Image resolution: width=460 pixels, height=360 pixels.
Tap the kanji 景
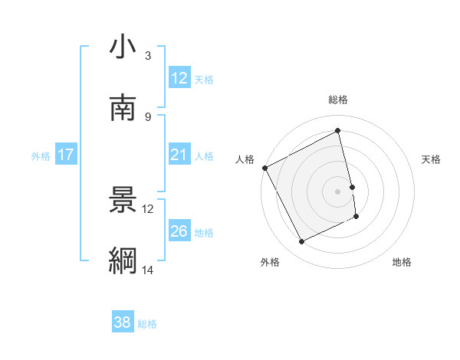pyautogui.click(x=123, y=200)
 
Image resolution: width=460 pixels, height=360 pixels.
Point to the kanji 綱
pyautogui.click(x=123, y=260)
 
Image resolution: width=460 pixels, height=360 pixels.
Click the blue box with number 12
pyautogui.click(x=179, y=78)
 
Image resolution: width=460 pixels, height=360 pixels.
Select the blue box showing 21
pyautogui.click(x=179, y=155)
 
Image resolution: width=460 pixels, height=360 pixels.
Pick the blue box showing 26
pyautogui.click(x=179, y=231)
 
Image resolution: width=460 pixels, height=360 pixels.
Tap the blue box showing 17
pyautogui.click(x=65, y=155)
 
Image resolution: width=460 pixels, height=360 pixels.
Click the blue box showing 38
pyautogui.click(x=122, y=322)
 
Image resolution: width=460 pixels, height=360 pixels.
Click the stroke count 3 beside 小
pyautogui.click(x=147, y=56)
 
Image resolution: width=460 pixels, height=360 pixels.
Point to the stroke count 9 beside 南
pyautogui.click(x=147, y=116)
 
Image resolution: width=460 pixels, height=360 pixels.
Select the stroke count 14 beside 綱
pyautogui.click(x=147, y=270)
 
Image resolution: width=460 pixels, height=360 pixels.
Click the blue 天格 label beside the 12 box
pyautogui.click(x=204, y=80)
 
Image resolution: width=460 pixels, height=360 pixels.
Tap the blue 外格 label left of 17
pyautogui.click(x=41, y=156)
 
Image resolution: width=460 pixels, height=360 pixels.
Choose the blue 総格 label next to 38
pyautogui.click(x=147, y=324)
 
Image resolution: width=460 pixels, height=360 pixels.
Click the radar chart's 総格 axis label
pyautogui.click(x=338, y=100)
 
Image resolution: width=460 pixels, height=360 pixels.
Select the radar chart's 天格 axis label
pyautogui.click(x=431, y=159)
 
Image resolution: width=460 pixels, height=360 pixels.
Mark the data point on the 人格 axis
pyautogui.click(x=264, y=168)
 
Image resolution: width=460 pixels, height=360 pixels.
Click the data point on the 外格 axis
pyautogui.click(x=301, y=242)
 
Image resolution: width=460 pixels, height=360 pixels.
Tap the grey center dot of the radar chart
pyautogui.click(x=338, y=191)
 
